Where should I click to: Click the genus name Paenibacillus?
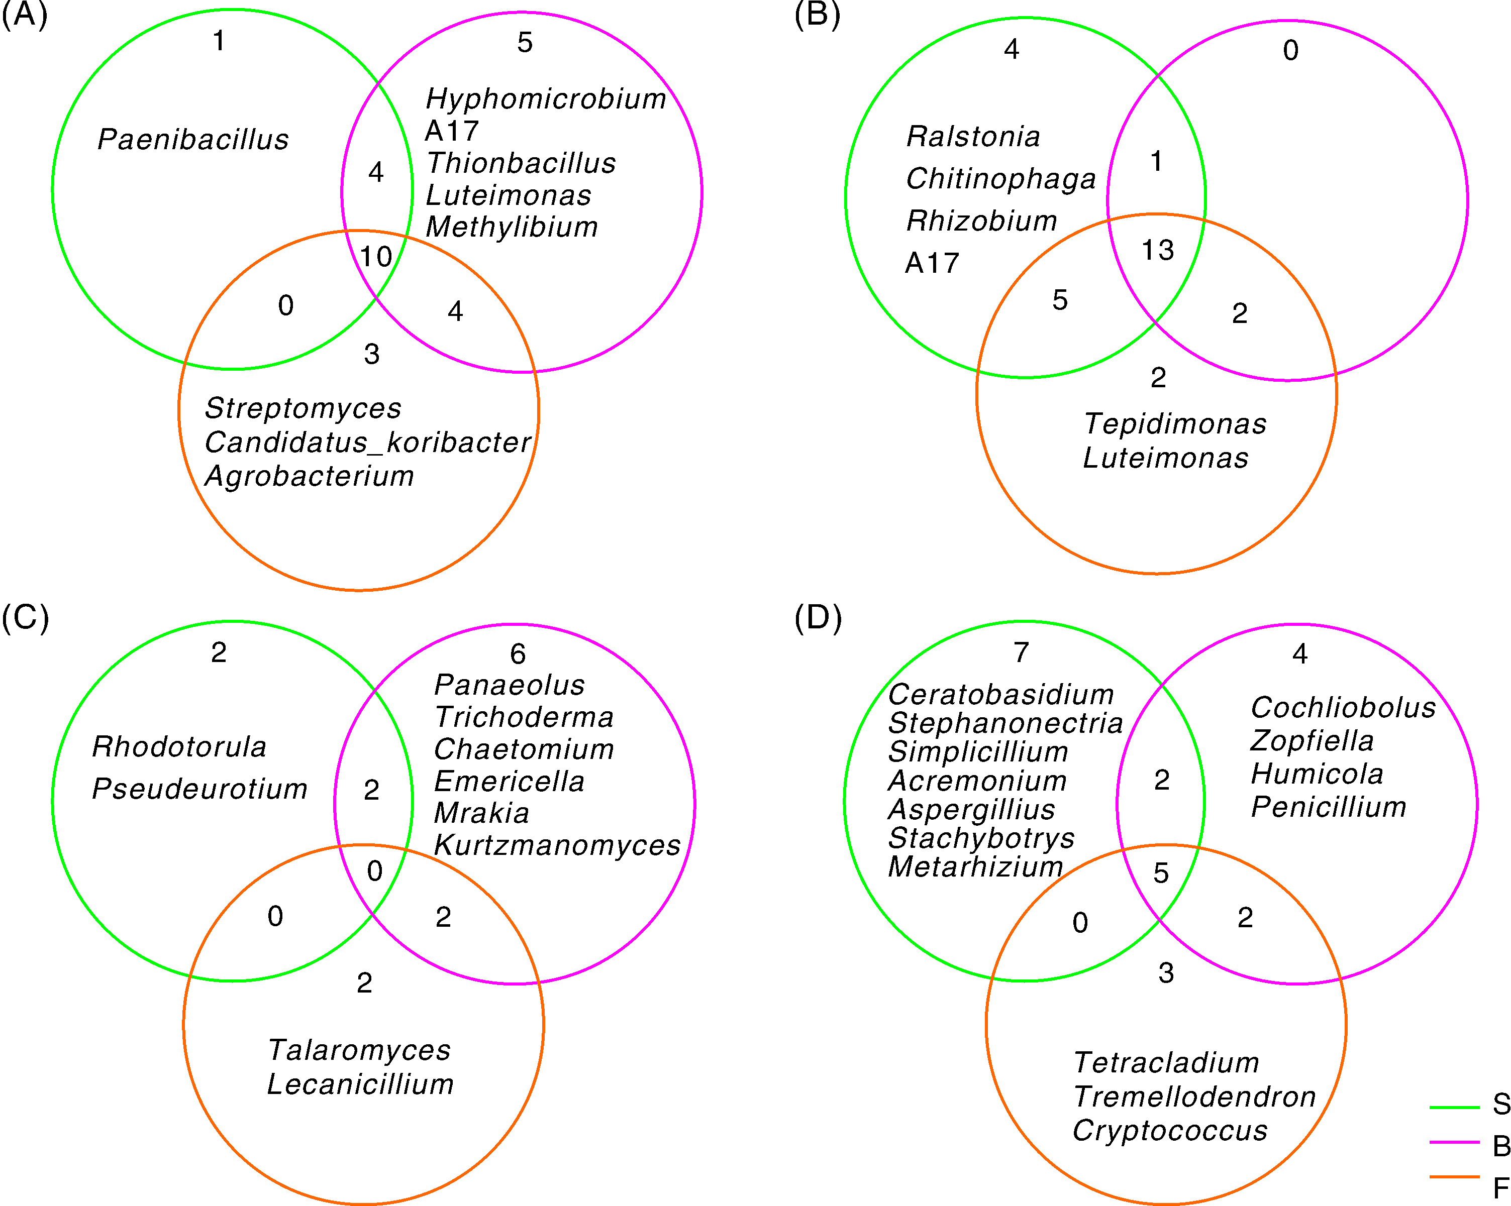[193, 139]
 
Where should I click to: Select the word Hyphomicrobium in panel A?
[546, 99]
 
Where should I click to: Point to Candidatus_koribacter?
[368, 443]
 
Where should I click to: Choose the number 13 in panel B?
[1157, 250]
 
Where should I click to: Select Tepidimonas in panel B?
[1175, 424]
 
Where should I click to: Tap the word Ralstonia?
[973, 137]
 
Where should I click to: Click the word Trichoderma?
[524, 717]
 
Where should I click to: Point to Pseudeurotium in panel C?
[199, 789]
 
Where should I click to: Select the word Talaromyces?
[359, 1050]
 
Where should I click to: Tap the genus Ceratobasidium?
[1001, 695]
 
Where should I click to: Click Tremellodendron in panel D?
[1194, 1097]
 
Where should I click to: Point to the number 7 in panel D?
[1021, 652]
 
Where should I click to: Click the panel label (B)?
[817, 14]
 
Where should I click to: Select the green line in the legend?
[1454, 1107]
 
